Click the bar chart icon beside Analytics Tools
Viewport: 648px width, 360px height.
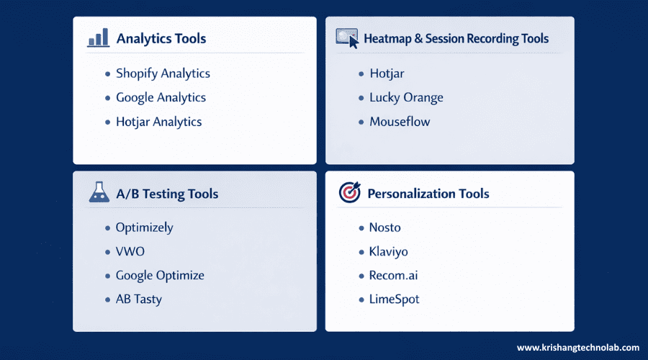click(98, 38)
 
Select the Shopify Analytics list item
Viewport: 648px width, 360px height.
click(163, 73)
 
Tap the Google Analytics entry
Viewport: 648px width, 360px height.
click(161, 98)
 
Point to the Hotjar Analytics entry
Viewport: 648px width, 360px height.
click(158, 122)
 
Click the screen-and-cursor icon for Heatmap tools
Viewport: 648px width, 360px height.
click(347, 38)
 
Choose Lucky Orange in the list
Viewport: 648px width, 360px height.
click(406, 98)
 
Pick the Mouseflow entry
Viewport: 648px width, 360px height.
click(400, 122)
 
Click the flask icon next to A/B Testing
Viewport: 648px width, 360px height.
click(99, 192)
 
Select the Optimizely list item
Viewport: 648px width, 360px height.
click(144, 228)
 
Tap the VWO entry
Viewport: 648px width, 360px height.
click(130, 252)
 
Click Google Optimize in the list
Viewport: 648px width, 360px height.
click(160, 276)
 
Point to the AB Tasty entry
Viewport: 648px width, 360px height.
click(138, 300)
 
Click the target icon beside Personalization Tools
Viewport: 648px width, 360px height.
click(349, 193)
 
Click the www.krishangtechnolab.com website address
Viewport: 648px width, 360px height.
click(577, 348)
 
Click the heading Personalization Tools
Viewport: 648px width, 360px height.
click(428, 194)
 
